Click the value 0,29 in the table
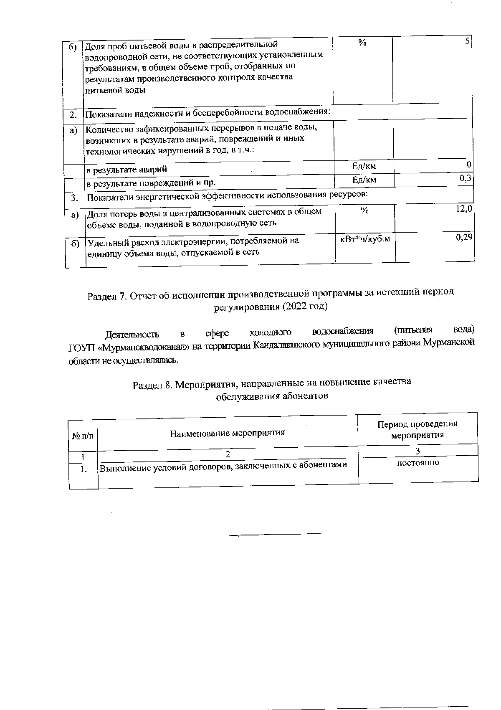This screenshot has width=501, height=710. [464, 237]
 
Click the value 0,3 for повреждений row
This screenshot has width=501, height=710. [466, 179]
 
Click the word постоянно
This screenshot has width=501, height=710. [418, 463]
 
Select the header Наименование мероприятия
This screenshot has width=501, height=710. [227, 433]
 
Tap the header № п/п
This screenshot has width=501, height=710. [83, 436]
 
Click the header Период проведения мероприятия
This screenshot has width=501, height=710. [417, 429]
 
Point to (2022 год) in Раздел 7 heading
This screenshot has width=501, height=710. [304, 307]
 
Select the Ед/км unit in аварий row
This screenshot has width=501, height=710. [364, 166]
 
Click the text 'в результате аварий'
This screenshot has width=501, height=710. [127, 170]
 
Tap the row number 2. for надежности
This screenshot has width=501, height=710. [73, 114]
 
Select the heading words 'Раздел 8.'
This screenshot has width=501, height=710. [152, 385]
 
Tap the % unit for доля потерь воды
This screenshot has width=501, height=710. [364, 211]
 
